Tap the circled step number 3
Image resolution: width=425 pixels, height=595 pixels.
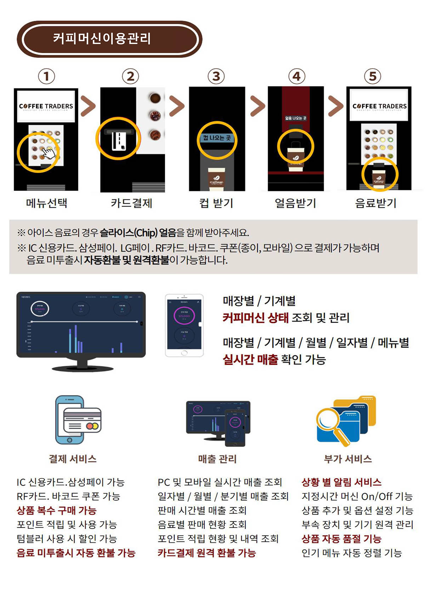216,76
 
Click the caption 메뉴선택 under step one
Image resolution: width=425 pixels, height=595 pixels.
47,203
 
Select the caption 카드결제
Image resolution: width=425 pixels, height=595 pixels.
131,203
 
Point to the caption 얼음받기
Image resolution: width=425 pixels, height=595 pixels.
295,203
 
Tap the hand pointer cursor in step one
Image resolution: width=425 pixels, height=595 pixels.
50,153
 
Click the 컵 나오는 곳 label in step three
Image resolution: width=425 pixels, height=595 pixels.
217,138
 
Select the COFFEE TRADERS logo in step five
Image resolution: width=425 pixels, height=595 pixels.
379,106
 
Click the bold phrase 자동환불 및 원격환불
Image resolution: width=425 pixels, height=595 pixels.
127,260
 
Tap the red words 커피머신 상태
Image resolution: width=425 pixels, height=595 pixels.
255,318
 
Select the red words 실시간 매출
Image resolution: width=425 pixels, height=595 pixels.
250,359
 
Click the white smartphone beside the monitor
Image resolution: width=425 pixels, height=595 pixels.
184,325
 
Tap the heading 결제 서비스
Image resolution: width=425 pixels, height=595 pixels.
73,459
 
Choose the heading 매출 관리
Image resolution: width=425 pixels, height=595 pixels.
217,459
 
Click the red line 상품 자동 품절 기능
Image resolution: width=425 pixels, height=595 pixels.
341,539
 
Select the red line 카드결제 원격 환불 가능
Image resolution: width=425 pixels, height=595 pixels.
206,553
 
